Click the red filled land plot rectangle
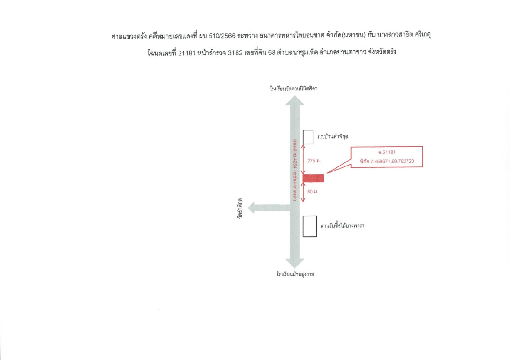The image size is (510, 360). click(313, 178)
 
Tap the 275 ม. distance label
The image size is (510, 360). click(314, 161)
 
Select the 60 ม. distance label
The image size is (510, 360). click(313, 192)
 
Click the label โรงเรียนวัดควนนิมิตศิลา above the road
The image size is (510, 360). click(293, 89)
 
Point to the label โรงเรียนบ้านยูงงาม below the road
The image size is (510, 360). click(295, 274)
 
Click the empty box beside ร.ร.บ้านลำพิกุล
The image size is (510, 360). click(308, 137)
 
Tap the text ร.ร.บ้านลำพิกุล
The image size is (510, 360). click(333, 136)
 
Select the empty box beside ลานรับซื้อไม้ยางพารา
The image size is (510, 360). click(309, 226)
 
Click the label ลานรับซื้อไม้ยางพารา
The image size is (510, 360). click(342, 225)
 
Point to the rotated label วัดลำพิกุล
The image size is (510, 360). click(240, 208)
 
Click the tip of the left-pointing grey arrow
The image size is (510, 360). click(248, 207)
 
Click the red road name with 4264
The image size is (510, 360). click(295, 170)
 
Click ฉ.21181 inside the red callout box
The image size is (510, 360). click(387, 152)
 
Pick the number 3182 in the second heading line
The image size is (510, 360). click(235, 53)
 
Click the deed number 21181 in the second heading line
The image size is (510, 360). click(187, 53)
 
